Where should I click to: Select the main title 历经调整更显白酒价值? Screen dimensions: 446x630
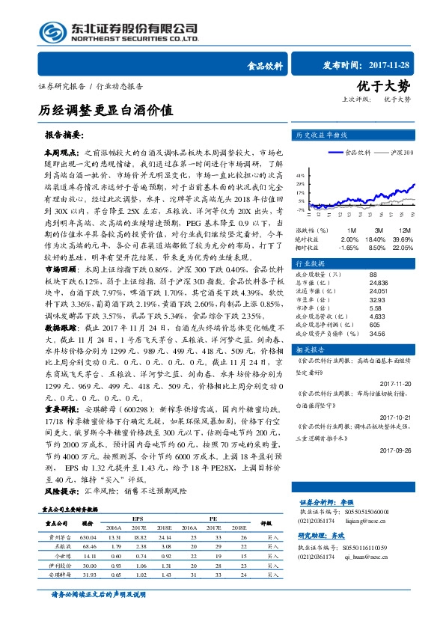(x=106, y=109)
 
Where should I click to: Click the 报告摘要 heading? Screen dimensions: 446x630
(x=64, y=136)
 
